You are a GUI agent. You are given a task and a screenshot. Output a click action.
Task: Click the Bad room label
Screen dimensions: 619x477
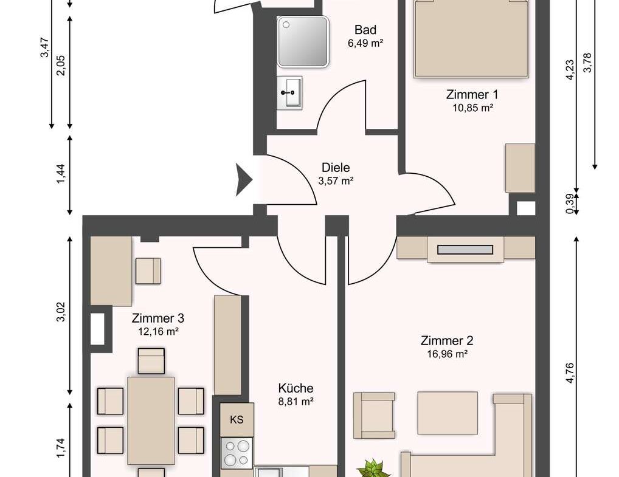click(x=365, y=30)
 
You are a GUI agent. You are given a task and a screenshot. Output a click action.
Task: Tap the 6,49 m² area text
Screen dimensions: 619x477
click(x=365, y=43)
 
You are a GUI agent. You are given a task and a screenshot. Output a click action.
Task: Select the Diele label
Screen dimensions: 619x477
click(x=336, y=168)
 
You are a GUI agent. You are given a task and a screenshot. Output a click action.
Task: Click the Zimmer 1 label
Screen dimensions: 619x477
click(x=472, y=95)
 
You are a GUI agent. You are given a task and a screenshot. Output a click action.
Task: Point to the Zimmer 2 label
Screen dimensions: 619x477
click(x=447, y=340)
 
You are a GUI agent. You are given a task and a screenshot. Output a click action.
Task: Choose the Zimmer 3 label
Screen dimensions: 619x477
click(x=158, y=318)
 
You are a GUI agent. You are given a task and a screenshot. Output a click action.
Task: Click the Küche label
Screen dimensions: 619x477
click(x=296, y=388)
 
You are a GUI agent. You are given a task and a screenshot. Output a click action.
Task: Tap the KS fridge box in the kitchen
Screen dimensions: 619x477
click(x=237, y=419)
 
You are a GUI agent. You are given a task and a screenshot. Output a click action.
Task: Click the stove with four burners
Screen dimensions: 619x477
click(x=237, y=453)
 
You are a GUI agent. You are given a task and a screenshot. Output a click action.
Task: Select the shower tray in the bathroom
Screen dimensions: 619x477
click(x=303, y=41)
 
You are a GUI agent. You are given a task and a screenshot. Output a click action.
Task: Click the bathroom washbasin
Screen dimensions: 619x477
click(x=289, y=93)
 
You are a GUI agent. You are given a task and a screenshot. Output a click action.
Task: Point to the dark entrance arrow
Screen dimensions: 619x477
click(x=244, y=179)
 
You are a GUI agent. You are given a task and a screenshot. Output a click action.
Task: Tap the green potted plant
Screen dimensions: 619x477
click(x=373, y=468)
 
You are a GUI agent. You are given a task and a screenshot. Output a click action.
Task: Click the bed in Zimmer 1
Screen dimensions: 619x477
click(x=471, y=39)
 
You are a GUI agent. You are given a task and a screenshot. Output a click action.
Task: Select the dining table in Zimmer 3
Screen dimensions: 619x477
click(x=151, y=420)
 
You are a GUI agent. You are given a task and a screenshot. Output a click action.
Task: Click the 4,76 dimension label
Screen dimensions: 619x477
click(x=570, y=373)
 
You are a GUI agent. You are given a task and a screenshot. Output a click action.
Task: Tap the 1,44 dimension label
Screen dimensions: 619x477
click(x=61, y=174)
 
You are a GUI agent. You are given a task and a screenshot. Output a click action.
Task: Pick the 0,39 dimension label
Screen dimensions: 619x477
click(x=570, y=204)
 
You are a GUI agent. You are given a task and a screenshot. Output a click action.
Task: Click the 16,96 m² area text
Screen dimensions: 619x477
click(x=448, y=354)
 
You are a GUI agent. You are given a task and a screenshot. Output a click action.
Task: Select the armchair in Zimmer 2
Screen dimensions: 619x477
click(x=374, y=416)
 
